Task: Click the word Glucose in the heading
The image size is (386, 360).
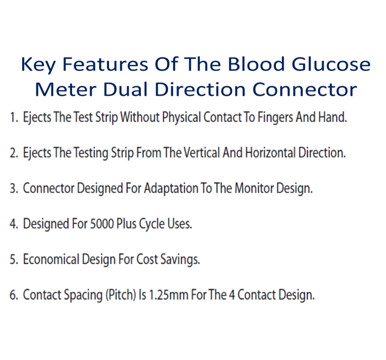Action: [331, 65]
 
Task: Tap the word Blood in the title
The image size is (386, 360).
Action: [256, 65]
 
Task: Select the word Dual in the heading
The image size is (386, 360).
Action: [125, 89]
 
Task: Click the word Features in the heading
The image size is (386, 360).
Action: [105, 65]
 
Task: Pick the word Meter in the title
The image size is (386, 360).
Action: [66, 89]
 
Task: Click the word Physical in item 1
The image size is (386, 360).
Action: [182, 118]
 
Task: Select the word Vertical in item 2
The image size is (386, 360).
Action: [202, 153]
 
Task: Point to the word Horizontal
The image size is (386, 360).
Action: [271, 153]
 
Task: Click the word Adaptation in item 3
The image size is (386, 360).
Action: [171, 189]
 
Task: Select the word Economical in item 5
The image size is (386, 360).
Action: [51, 259]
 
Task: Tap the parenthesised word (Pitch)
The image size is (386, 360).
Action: [120, 295]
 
